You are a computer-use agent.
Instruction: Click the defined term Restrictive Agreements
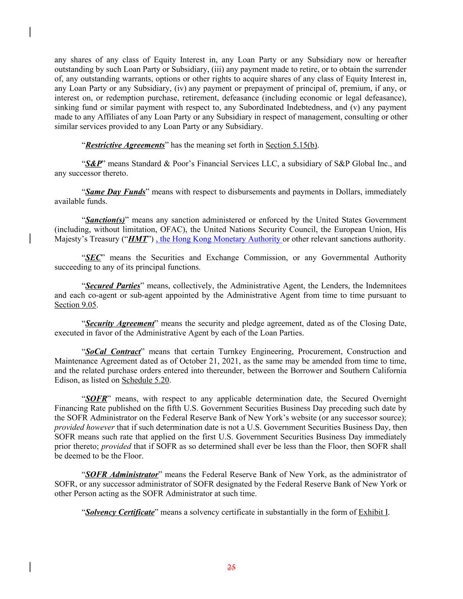coord(125,145)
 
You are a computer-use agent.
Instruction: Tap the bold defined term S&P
coord(93,164)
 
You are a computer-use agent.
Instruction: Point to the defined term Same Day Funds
coord(115,192)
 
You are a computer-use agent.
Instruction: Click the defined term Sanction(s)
coord(105,220)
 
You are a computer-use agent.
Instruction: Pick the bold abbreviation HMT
coord(137,239)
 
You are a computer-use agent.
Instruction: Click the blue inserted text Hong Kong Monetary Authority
coord(219,239)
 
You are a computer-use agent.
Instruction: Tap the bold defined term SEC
coord(93,258)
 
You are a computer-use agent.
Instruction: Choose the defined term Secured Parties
coord(113,286)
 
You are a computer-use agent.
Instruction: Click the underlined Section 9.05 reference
coord(75,305)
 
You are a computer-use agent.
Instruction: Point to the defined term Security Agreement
coord(119,324)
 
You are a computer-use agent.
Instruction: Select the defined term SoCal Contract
coord(113,352)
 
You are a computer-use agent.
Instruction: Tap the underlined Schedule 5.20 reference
coord(145,380)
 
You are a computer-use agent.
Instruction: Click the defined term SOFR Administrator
coord(122,475)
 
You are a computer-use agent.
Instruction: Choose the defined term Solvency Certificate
coord(119,512)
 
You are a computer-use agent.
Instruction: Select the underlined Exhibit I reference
coord(373,512)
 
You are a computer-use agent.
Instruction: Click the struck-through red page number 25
coord(231,567)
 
